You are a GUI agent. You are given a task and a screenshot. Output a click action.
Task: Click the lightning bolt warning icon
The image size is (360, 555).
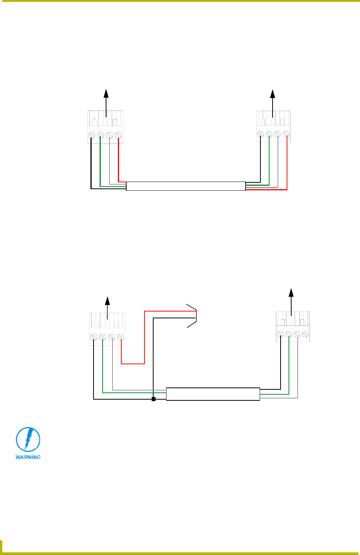(x=28, y=440)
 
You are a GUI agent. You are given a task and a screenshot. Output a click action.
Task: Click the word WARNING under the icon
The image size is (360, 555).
(x=28, y=457)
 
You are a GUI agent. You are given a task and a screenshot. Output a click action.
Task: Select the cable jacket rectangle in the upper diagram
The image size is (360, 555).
(x=186, y=186)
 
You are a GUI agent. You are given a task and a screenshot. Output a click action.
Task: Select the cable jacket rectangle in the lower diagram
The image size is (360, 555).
(x=213, y=394)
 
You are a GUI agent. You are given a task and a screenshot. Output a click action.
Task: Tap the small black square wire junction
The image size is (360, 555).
(x=153, y=399)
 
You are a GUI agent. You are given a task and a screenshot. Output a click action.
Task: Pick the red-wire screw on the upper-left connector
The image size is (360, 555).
(x=118, y=135)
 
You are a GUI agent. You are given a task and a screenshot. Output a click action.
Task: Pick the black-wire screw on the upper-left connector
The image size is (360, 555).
(x=92, y=135)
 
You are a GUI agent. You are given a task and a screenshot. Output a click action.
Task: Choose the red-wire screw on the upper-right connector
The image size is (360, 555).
(x=286, y=134)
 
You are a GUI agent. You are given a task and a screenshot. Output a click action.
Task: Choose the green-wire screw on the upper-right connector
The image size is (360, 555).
(x=269, y=134)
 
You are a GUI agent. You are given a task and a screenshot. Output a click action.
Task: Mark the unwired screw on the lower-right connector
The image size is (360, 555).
(x=305, y=334)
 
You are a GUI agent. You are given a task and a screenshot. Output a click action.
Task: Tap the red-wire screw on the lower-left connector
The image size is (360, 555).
(x=121, y=337)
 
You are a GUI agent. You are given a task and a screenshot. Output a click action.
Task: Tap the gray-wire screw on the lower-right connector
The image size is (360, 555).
(x=297, y=334)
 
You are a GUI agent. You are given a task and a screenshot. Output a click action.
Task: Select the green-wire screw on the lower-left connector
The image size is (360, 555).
(x=103, y=337)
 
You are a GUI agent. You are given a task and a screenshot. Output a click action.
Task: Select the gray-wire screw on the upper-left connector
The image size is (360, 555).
(x=109, y=135)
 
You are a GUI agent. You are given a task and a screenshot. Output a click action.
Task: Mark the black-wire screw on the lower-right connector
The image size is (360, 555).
(x=280, y=334)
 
